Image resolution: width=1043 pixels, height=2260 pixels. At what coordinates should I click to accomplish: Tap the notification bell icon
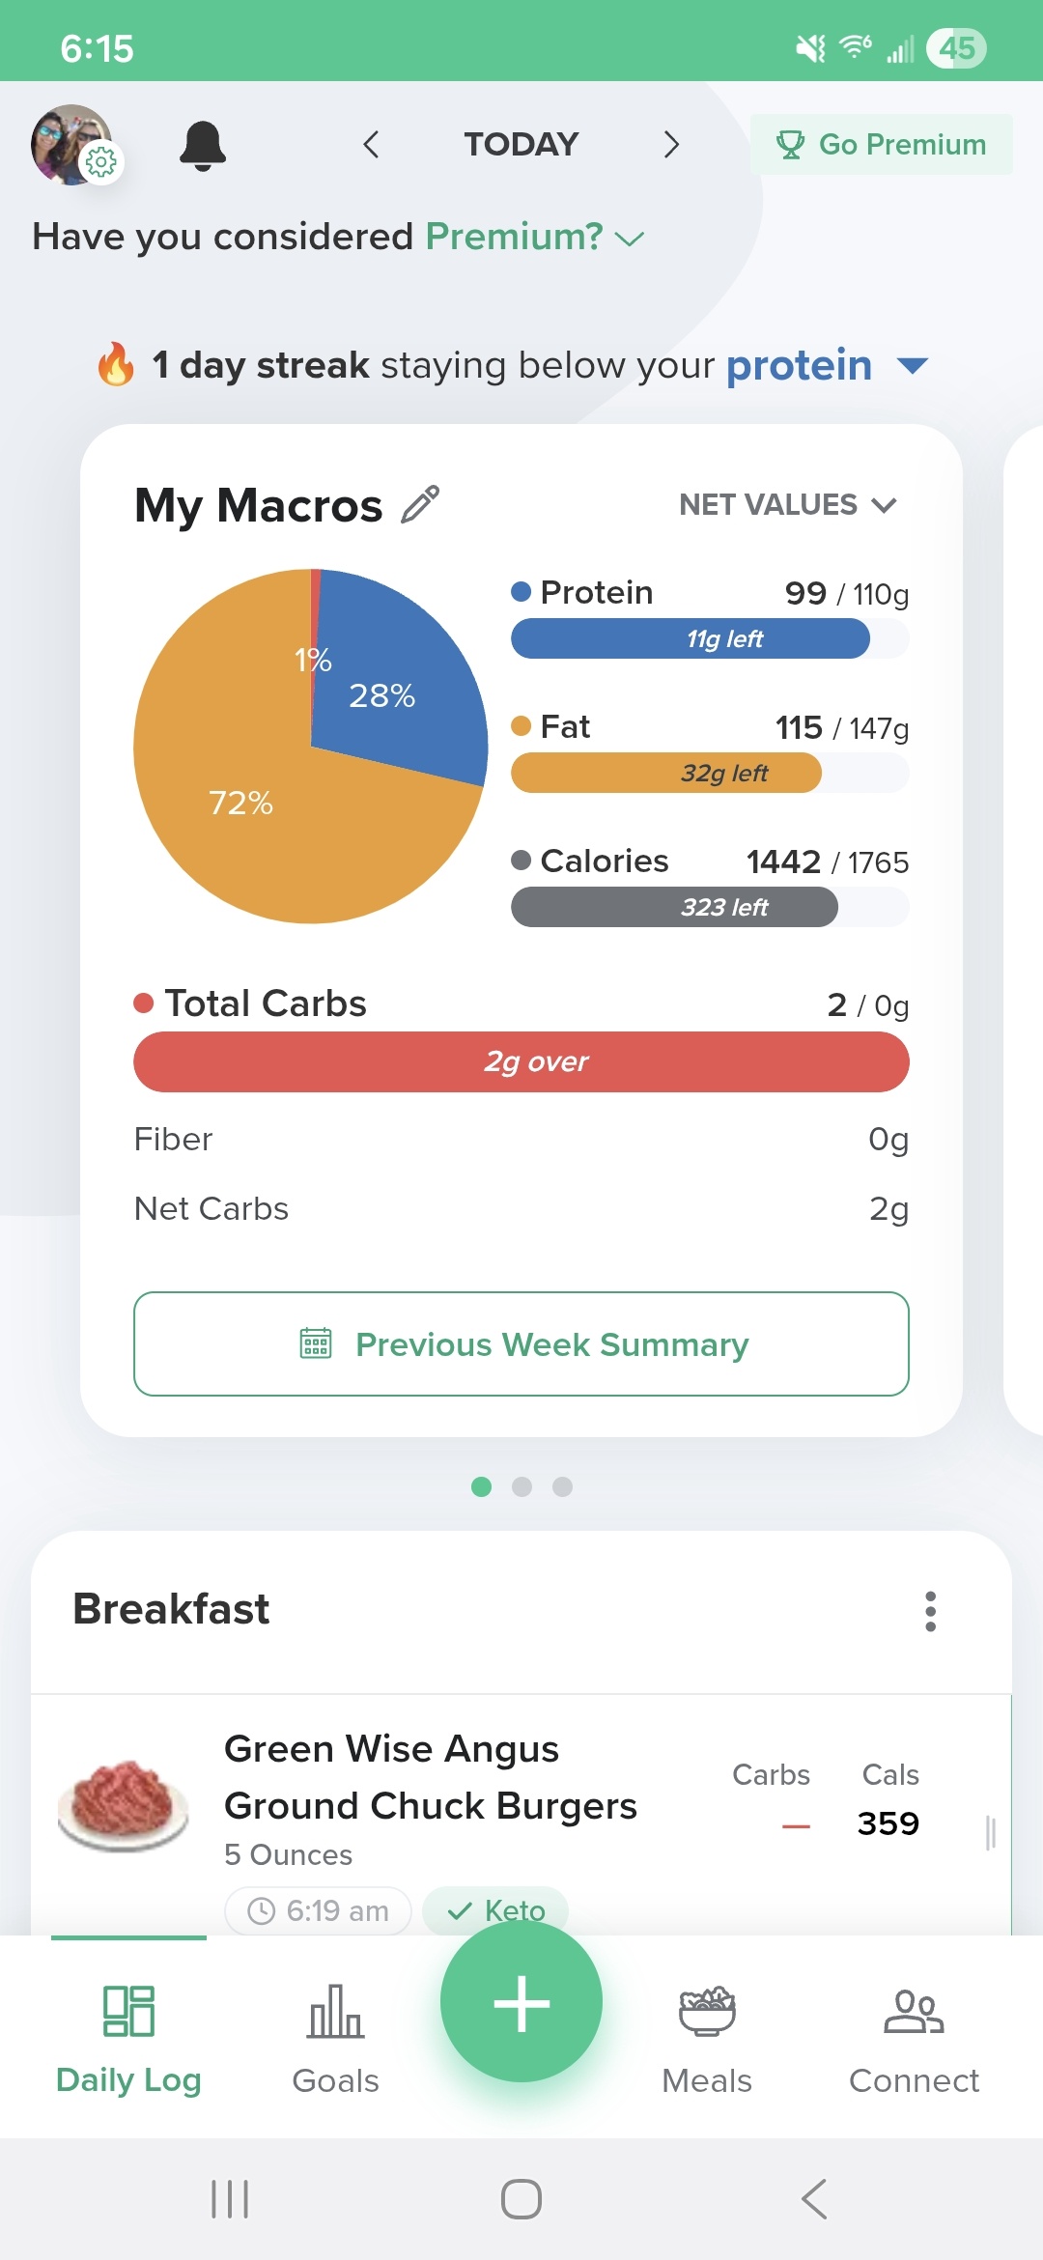point(203,146)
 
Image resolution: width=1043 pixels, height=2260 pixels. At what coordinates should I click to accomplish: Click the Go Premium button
point(882,145)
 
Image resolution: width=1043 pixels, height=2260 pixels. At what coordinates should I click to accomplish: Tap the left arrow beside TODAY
point(371,145)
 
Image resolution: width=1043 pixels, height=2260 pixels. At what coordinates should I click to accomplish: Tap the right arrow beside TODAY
point(671,145)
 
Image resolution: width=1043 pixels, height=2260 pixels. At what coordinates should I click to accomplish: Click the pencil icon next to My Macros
point(420,504)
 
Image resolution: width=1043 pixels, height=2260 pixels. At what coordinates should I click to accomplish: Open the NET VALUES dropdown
point(788,504)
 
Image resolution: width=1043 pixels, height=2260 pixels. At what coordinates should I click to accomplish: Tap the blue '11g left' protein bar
point(691,638)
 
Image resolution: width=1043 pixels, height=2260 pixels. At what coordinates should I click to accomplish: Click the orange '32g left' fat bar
point(666,773)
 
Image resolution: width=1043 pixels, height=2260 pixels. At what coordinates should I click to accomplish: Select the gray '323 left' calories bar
point(674,907)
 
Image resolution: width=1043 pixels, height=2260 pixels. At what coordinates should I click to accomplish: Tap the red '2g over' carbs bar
point(521,1061)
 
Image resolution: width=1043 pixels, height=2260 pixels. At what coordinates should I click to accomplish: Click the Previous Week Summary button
point(521,1343)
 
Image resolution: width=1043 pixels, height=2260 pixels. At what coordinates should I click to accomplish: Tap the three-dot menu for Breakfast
point(930,1611)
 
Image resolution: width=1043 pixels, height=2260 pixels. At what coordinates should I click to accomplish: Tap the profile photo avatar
point(70,144)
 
